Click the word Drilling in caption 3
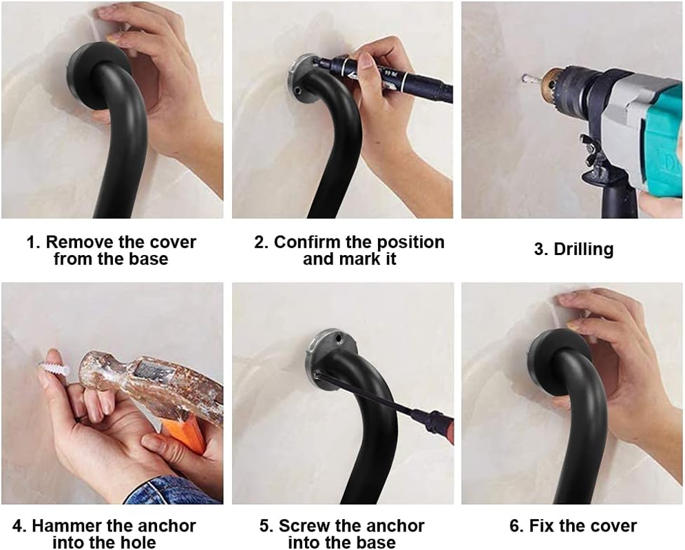(583, 250)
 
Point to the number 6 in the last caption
(515, 527)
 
